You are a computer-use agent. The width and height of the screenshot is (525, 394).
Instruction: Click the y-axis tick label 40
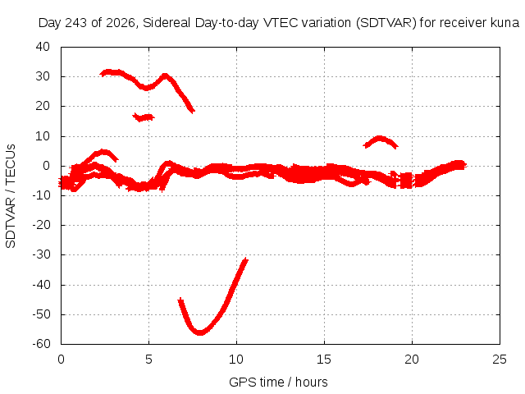point(43,47)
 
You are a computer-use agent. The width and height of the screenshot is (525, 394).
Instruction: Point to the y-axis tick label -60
point(41,343)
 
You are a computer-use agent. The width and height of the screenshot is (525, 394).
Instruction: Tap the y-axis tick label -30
point(41,254)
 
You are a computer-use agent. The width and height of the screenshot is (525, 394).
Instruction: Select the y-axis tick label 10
point(43,136)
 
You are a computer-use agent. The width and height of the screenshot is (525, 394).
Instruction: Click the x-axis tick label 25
point(500,360)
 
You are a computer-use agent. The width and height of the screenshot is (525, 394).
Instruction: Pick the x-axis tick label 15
point(324,360)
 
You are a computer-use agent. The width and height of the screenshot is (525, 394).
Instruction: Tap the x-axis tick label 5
point(148,360)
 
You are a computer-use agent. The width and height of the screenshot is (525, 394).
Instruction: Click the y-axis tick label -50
point(41,314)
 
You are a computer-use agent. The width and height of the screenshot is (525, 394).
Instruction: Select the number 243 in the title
point(75,23)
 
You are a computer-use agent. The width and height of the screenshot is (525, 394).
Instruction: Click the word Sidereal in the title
point(167,23)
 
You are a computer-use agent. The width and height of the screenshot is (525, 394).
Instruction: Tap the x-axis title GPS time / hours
point(278,382)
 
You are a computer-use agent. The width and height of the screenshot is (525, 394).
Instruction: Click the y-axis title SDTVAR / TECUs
point(11,196)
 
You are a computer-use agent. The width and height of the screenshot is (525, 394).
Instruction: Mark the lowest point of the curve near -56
point(200,332)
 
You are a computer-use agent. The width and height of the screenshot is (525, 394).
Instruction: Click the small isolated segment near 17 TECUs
point(144,117)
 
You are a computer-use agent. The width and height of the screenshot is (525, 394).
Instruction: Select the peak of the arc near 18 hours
point(379,138)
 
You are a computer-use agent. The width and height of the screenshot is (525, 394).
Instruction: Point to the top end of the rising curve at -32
point(246,259)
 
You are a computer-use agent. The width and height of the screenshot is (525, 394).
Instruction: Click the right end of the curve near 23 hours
point(464,165)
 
